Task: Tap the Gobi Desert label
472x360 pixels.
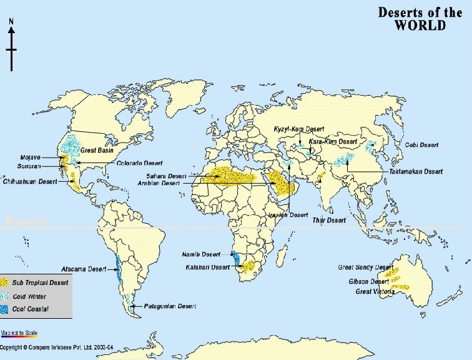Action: tap(421, 145)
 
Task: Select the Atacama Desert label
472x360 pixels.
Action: tap(89, 269)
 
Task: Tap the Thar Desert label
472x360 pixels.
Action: tap(328, 220)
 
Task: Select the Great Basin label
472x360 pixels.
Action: tap(96, 151)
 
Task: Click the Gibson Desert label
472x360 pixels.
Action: tap(369, 282)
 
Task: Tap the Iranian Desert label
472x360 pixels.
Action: tap(288, 215)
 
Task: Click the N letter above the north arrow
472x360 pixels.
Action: tap(11, 21)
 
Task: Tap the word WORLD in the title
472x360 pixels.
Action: tap(420, 26)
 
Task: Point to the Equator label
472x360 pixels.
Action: tap(25, 222)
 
